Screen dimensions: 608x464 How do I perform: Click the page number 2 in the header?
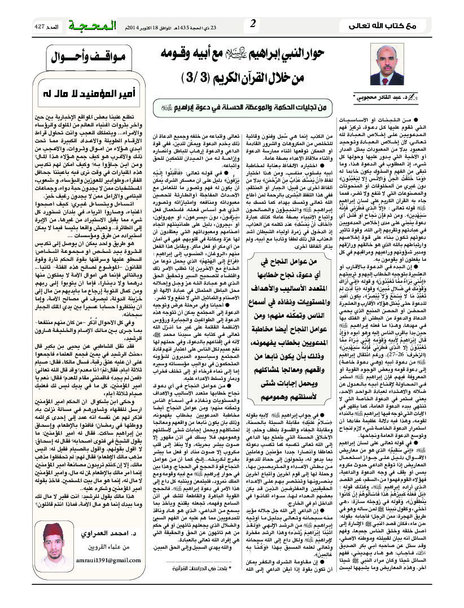tap(253, 23)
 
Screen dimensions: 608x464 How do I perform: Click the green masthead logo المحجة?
tap(87, 25)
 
